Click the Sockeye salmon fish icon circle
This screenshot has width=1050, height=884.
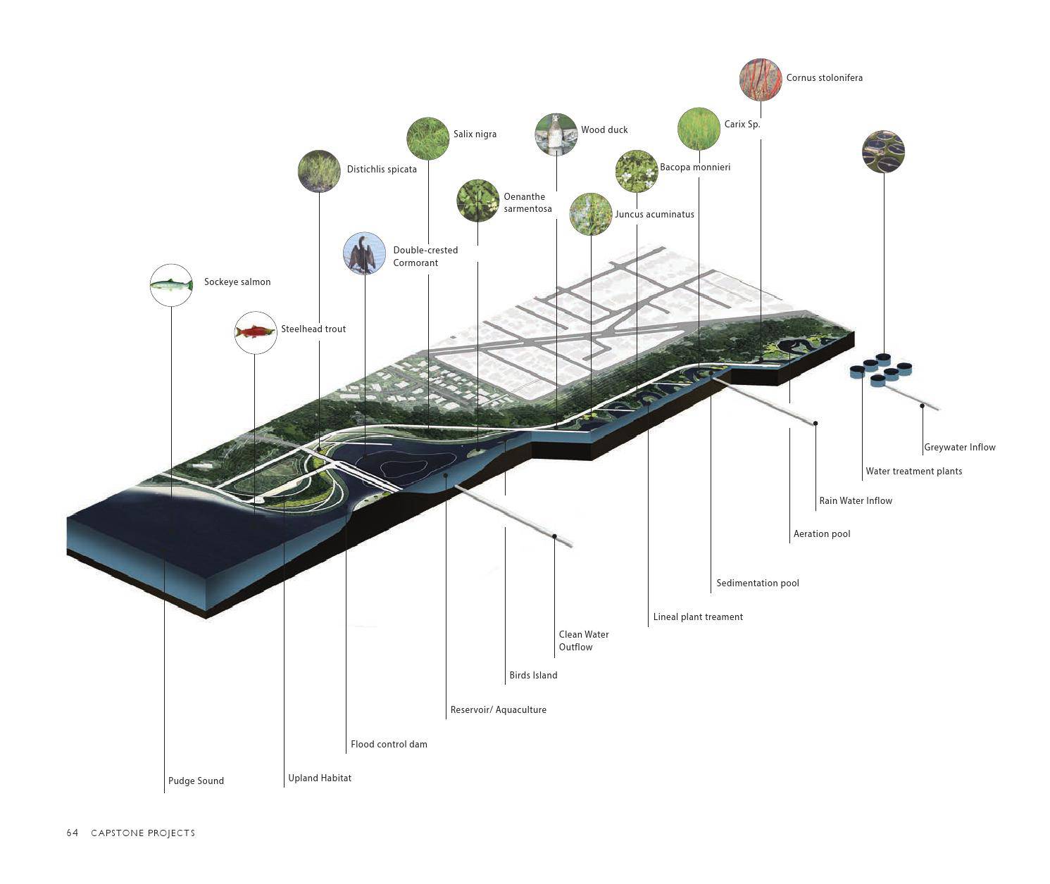171,285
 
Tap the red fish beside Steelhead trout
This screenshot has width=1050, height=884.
256,332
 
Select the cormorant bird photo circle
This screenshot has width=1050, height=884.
364,253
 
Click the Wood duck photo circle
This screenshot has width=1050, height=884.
556,134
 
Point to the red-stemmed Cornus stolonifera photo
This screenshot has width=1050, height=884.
761,80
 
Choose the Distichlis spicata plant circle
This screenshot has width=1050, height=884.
319,171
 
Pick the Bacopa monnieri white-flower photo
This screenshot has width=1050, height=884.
637,171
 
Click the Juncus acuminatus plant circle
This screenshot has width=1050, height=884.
590,214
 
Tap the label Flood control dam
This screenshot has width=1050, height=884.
389,744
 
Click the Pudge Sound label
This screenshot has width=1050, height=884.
196,781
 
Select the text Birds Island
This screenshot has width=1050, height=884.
533,676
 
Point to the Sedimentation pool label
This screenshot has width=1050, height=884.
757,583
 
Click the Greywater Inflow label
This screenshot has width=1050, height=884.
959,447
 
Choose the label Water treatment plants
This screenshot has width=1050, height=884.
913,472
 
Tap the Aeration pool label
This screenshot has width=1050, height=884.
822,533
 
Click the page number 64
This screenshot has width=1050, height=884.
73,833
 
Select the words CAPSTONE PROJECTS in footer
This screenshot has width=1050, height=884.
143,833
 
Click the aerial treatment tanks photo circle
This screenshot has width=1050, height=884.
883,151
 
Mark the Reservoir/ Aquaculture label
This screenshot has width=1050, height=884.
499,709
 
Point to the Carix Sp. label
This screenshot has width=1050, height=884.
742,124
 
